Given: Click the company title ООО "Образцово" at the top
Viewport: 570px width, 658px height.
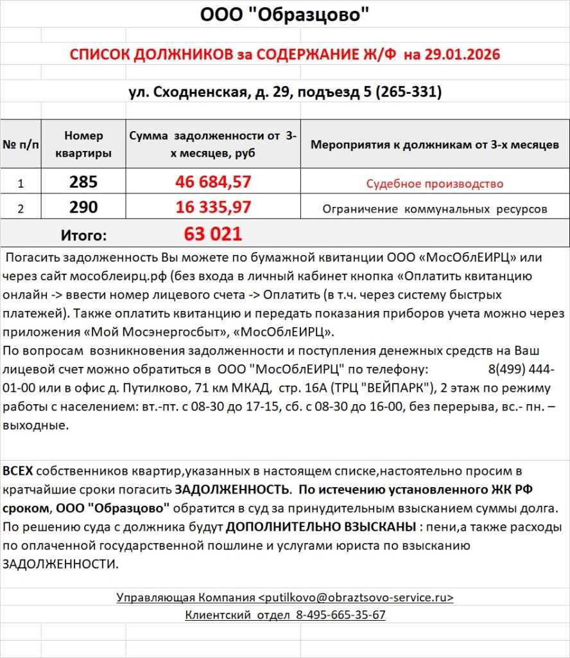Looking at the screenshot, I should click(285, 15).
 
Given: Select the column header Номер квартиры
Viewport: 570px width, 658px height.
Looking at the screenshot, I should click(83, 145).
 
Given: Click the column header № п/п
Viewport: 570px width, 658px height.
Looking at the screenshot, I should click(21, 145).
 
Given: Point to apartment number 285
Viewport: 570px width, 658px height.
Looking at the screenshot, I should click(83, 182).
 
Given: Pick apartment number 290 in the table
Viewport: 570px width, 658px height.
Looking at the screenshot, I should click(83, 208).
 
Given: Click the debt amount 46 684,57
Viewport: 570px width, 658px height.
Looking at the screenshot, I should click(213, 182).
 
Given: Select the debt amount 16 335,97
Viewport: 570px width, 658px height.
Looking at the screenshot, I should click(213, 208).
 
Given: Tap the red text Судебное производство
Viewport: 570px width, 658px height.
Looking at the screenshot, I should click(435, 184).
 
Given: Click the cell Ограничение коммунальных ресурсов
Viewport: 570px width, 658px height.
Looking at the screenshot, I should click(435, 209).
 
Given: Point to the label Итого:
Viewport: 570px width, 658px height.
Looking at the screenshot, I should click(83, 235).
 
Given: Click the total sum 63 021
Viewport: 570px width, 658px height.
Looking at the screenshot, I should click(213, 234).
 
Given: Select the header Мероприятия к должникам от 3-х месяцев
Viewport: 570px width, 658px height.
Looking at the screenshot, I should click(435, 145).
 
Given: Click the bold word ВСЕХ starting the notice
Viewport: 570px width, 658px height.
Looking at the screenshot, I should click(17, 471).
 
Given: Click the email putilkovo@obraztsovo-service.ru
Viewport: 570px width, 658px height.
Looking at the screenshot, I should click(356, 598).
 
